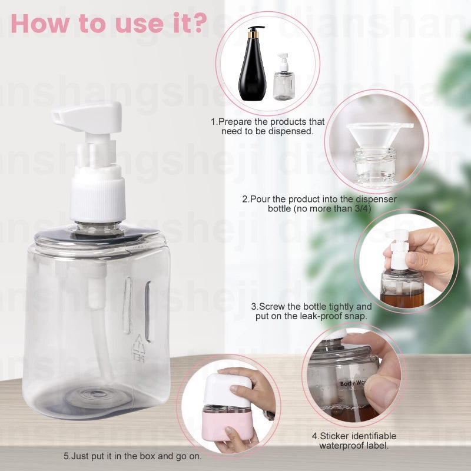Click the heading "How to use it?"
[x=108, y=22]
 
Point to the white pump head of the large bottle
[x=88, y=115]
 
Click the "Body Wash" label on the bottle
[x=353, y=383]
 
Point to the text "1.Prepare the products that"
[x=268, y=122]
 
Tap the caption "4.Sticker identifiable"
[x=354, y=436]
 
